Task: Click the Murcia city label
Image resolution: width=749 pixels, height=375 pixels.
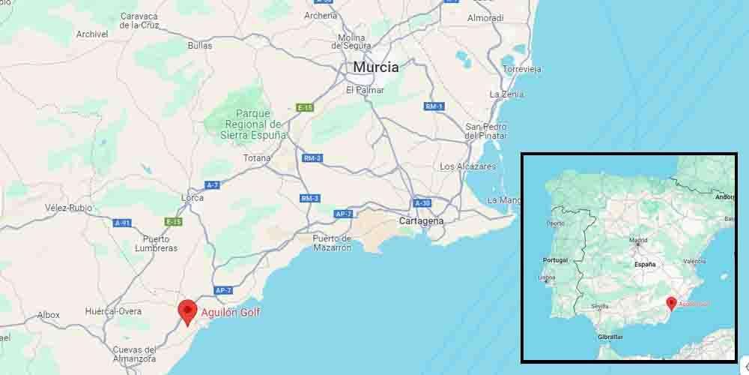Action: (376, 67)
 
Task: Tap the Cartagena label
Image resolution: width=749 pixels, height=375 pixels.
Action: (421, 221)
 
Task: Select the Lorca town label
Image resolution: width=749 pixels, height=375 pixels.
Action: (192, 198)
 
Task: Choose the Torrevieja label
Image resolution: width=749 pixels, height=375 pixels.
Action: (523, 69)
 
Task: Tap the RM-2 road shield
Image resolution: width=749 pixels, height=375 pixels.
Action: (312, 158)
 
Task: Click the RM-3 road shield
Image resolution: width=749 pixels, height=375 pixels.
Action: (309, 198)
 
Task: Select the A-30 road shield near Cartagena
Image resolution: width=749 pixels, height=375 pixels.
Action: (422, 203)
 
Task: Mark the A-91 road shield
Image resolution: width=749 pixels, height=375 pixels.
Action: (123, 223)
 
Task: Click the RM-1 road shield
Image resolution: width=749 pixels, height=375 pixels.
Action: (434, 106)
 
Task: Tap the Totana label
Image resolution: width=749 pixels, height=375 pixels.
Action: (257, 158)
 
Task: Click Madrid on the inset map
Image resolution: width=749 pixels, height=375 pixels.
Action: (638, 241)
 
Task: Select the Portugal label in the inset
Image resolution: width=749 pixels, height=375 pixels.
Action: (554, 260)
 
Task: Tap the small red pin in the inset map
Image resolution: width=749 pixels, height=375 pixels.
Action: (671, 303)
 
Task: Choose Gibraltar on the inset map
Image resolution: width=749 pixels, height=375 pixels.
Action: (610, 337)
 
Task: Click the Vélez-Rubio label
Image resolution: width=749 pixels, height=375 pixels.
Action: (68, 207)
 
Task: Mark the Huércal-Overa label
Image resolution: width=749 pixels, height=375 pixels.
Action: (113, 310)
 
